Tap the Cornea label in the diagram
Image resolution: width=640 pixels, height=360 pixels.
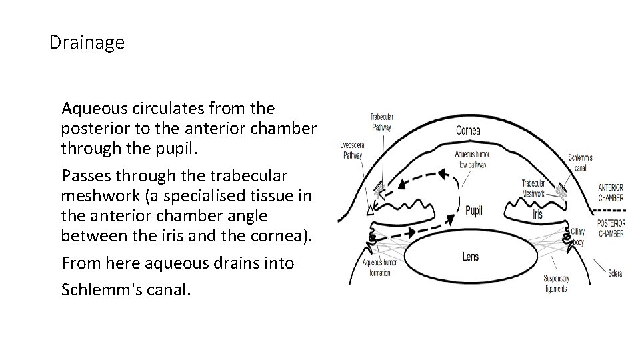click(x=468, y=131)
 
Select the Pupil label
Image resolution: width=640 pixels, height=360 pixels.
click(x=474, y=210)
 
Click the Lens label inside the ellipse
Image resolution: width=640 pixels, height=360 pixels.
click(x=470, y=257)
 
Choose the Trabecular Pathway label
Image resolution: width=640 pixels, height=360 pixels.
click(x=382, y=122)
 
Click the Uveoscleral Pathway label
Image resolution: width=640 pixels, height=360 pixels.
click(x=351, y=149)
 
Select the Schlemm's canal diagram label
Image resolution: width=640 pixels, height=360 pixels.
click(x=581, y=162)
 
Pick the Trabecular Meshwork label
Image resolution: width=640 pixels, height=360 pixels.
click(x=533, y=187)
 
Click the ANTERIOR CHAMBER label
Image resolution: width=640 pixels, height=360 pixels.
click(x=611, y=193)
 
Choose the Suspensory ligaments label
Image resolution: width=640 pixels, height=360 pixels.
click(x=554, y=284)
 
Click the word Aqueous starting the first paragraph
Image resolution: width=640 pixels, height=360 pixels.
click(x=89, y=108)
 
